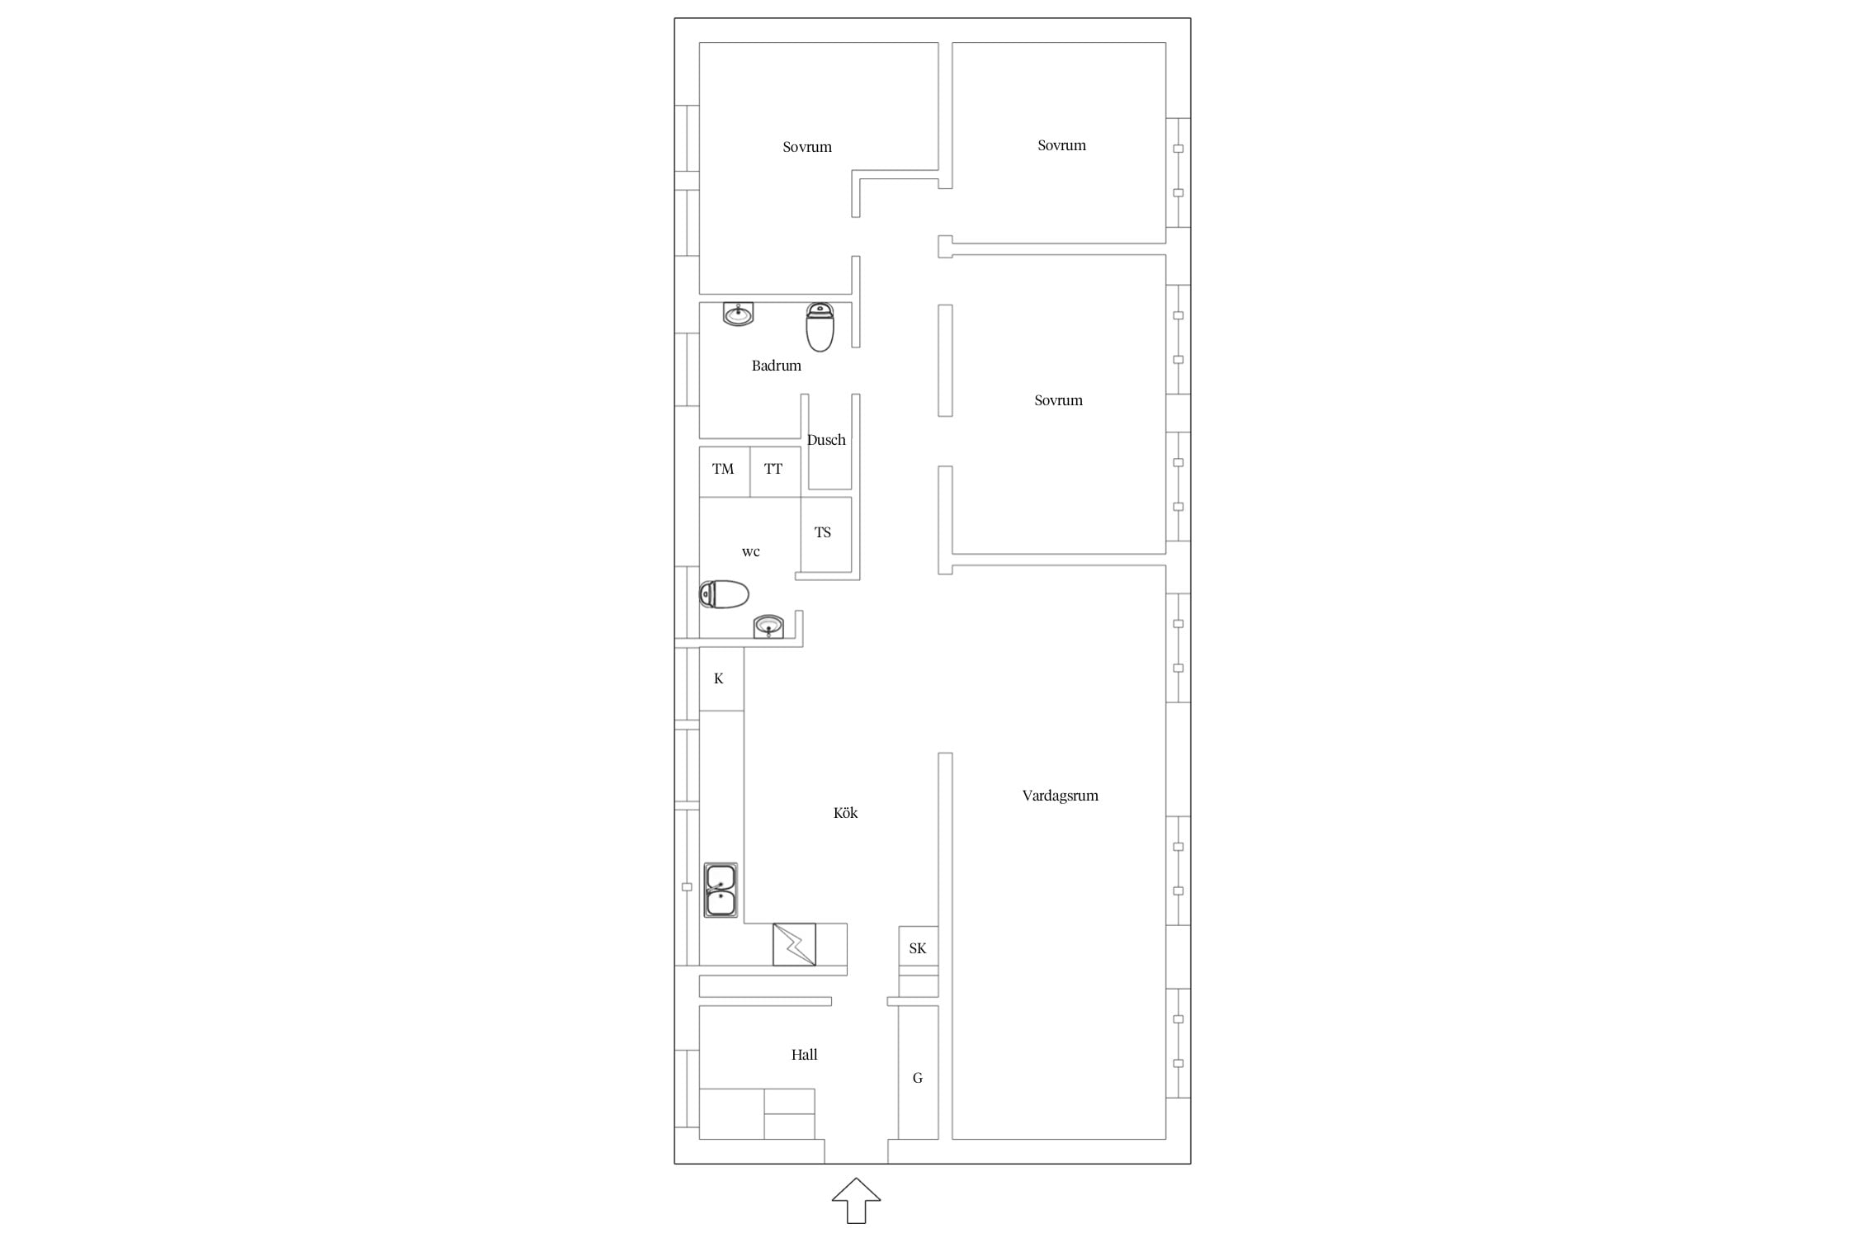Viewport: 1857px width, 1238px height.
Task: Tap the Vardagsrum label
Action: click(x=1060, y=796)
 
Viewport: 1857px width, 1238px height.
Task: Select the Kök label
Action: click(x=845, y=813)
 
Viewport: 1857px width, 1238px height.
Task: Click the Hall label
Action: click(x=804, y=1055)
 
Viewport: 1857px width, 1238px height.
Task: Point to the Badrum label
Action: click(x=776, y=366)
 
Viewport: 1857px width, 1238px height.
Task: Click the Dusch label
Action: click(x=826, y=440)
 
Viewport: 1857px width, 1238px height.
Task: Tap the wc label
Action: click(x=750, y=552)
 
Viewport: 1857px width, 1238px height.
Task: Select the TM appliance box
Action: click(x=725, y=472)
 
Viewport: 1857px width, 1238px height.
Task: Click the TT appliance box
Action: click(x=775, y=472)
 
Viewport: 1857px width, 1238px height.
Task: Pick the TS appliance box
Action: click(x=826, y=535)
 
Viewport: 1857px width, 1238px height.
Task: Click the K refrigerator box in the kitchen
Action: click(x=721, y=678)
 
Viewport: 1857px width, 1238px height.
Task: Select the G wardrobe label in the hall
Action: click(x=917, y=1078)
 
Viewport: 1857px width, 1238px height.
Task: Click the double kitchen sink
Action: click(x=721, y=891)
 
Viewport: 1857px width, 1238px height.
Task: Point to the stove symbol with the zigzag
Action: click(x=794, y=944)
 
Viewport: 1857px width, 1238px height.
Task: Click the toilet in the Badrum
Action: click(x=820, y=327)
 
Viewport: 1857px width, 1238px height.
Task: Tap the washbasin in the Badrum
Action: click(x=739, y=314)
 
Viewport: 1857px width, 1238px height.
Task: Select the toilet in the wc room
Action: click(x=724, y=594)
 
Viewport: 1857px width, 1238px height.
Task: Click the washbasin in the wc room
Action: click(x=768, y=626)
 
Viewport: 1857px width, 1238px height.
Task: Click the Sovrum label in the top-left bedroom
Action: click(x=807, y=147)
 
